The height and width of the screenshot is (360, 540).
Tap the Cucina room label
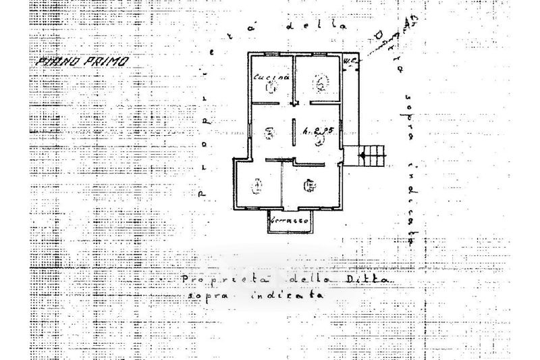271,77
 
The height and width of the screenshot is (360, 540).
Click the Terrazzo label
290,220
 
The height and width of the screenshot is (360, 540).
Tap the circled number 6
310,184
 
